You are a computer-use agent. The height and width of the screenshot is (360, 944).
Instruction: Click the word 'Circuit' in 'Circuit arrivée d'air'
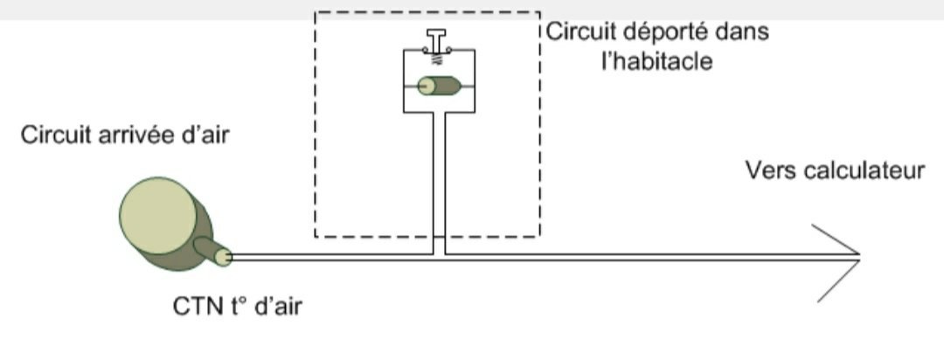tap(51, 135)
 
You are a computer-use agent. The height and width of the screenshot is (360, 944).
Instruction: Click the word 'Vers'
tap(770, 171)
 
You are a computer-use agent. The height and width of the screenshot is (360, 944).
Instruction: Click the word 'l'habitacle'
tap(656, 61)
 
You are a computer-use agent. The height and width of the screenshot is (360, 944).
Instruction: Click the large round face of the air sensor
tap(157, 216)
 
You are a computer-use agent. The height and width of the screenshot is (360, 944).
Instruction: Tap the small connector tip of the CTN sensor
tap(223, 258)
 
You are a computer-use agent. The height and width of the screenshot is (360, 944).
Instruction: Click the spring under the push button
tap(439, 59)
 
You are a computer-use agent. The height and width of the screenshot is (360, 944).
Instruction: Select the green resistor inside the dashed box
tap(440, 87)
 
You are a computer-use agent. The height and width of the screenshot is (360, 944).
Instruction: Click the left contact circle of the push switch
tap(425, 52)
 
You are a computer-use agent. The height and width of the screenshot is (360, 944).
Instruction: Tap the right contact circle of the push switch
tap(452, 52)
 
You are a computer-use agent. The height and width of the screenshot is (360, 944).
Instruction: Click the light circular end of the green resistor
tap(427, 87)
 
